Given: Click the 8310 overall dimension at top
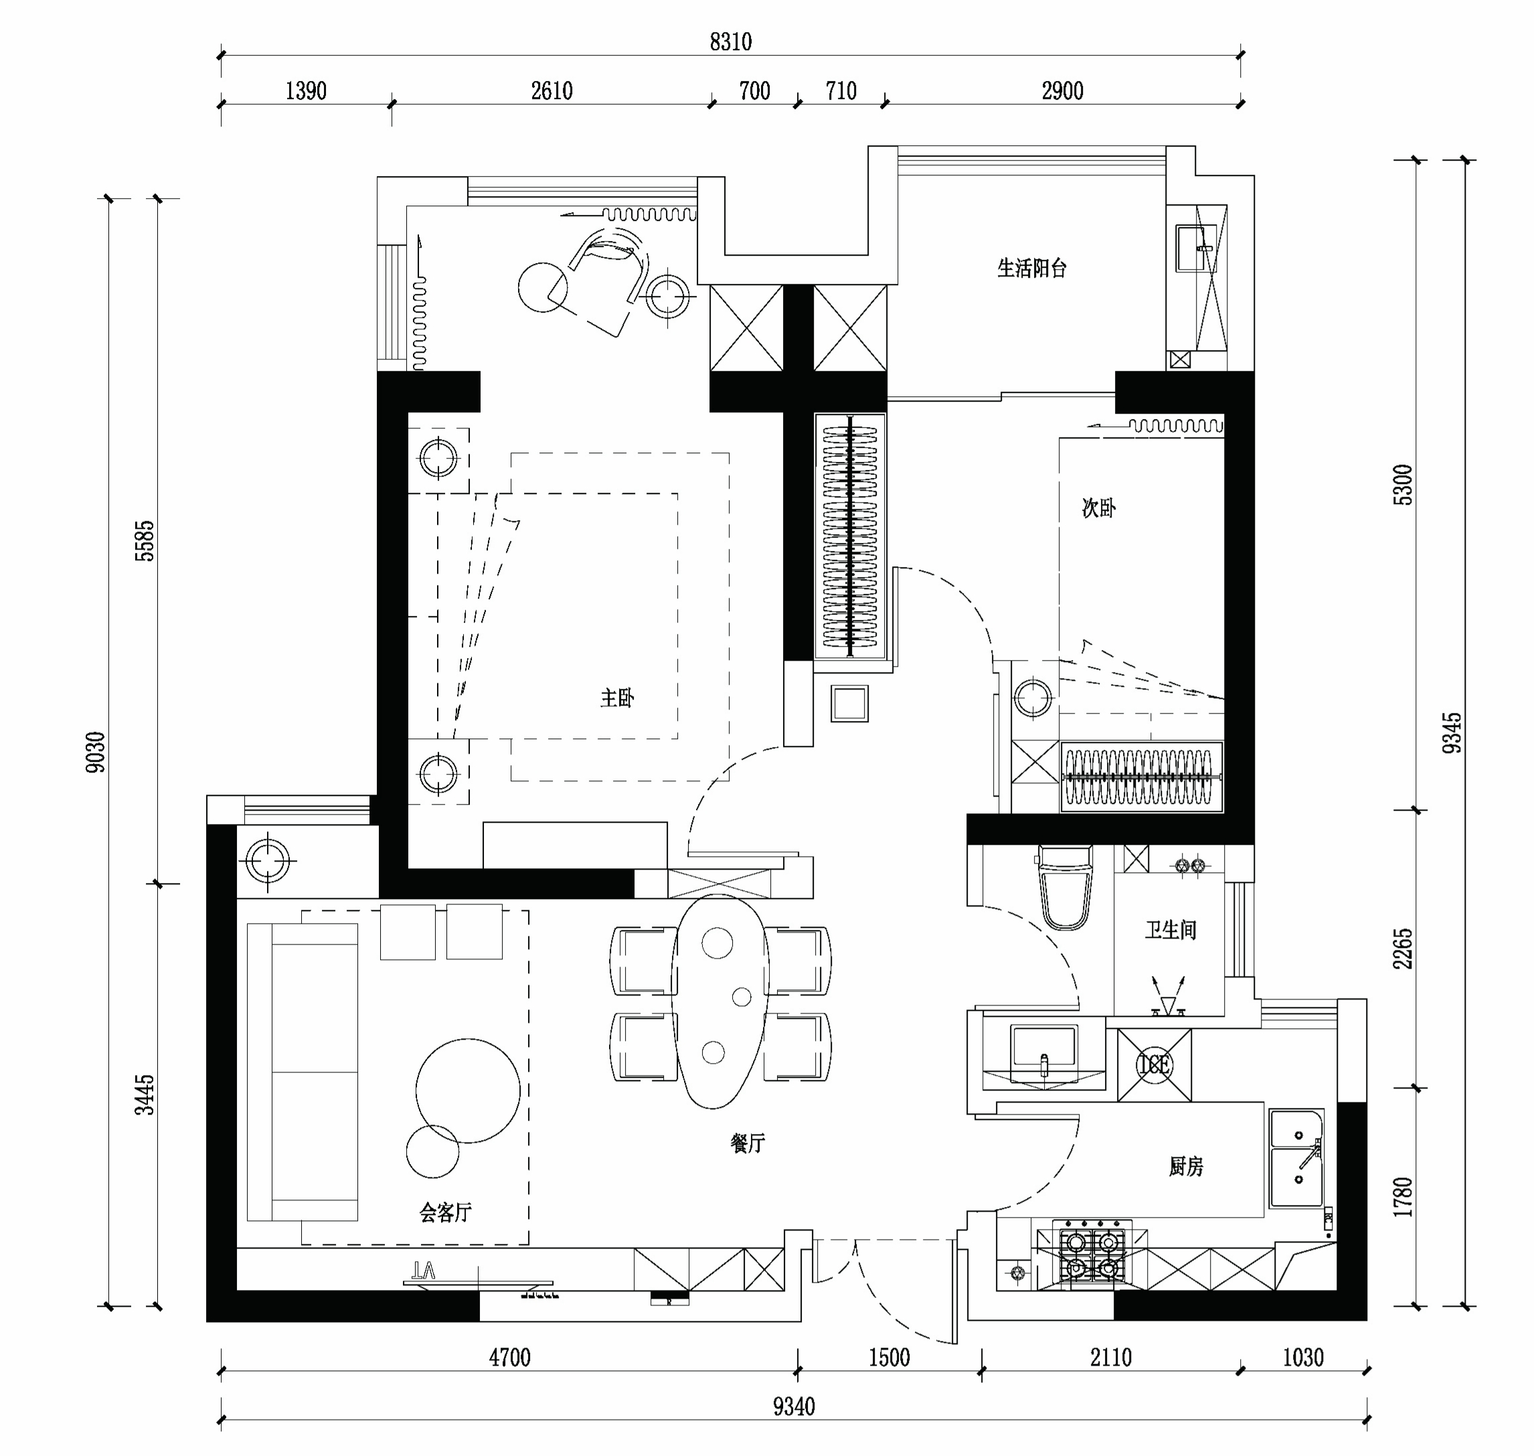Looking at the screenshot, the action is (730, 41).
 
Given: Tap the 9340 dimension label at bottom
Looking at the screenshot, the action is (794, 1406).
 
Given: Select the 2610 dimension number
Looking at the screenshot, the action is (551, 91).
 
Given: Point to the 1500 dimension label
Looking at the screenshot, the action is (889, 1358).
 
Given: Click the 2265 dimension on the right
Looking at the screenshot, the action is (1403, 949).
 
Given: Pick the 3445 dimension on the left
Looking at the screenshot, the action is (145, 1095).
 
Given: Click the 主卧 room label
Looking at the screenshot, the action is (618, 698).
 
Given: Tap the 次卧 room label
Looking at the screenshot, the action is (1099, 508).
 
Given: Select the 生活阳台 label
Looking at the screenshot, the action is (1032, 268).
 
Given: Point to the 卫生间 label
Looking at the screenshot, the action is (1171, 930).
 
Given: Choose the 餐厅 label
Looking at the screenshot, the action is (748, 1143).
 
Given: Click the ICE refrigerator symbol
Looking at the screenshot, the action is (1154, 1065).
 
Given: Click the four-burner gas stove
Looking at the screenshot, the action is (1092, 1256).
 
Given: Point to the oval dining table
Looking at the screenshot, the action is (720, 1001).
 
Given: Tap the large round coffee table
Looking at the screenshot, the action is (468, 1090).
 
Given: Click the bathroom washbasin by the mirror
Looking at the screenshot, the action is (1043, 1053).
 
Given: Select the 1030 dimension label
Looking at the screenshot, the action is (1303, 1358).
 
